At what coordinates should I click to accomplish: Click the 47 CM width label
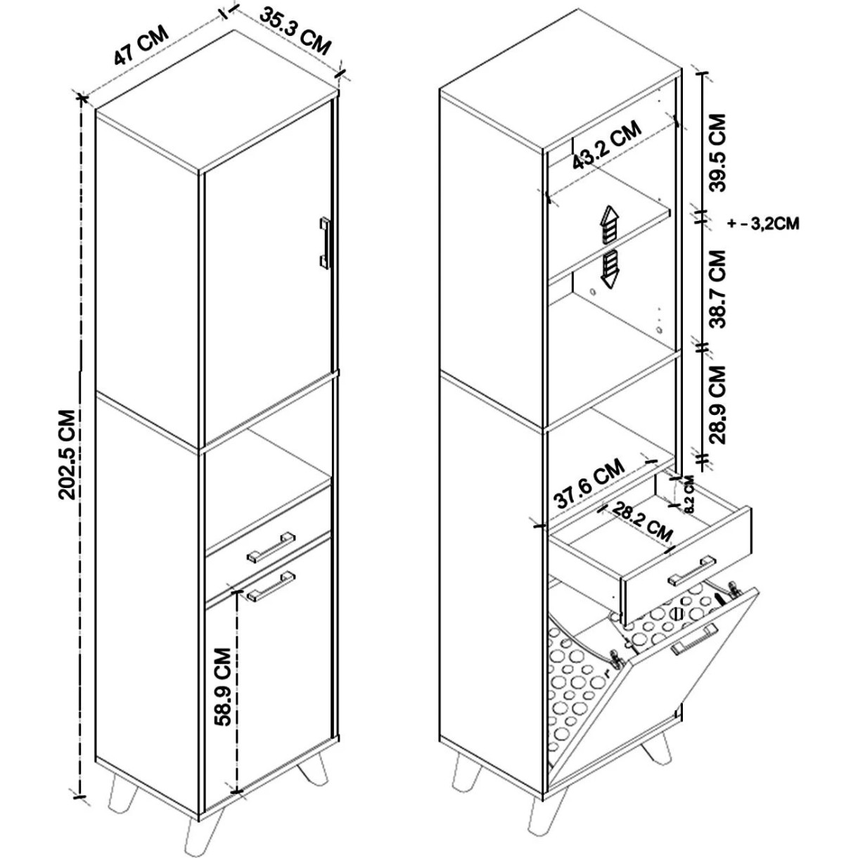coord(141,45)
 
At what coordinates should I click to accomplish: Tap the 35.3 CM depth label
coord(295,30)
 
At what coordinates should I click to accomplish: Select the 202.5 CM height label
coord(69,454)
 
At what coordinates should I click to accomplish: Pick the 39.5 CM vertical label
coord(717,153)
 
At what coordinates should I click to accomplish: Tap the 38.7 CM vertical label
coord(717,289)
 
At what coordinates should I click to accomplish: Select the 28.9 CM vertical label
coord(717,404)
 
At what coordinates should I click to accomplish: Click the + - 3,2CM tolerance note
coord(763,224)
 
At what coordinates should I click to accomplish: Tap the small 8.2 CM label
coord(689,494)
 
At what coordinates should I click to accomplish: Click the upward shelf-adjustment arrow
coord(610,225)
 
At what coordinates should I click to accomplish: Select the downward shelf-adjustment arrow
coord(610,269)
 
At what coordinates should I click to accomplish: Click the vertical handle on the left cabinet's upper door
coord(325,243)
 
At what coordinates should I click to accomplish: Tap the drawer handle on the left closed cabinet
coord(271,546)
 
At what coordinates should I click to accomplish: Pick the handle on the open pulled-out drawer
coord(692,571)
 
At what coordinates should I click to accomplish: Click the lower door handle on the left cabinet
coord(271,586)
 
